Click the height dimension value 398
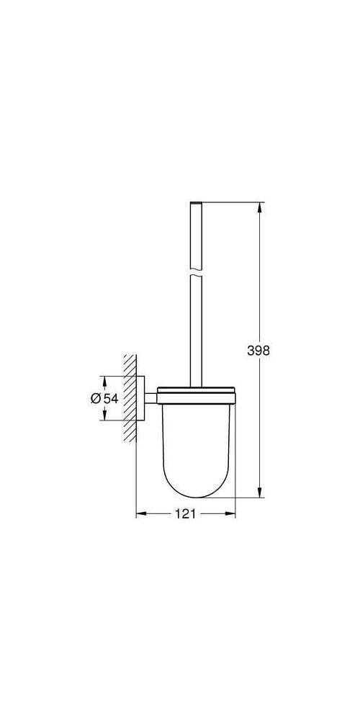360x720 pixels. coord(258,351)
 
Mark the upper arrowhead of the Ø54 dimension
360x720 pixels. coord(105,380)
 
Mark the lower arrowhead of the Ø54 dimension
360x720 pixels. coord(105,418)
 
